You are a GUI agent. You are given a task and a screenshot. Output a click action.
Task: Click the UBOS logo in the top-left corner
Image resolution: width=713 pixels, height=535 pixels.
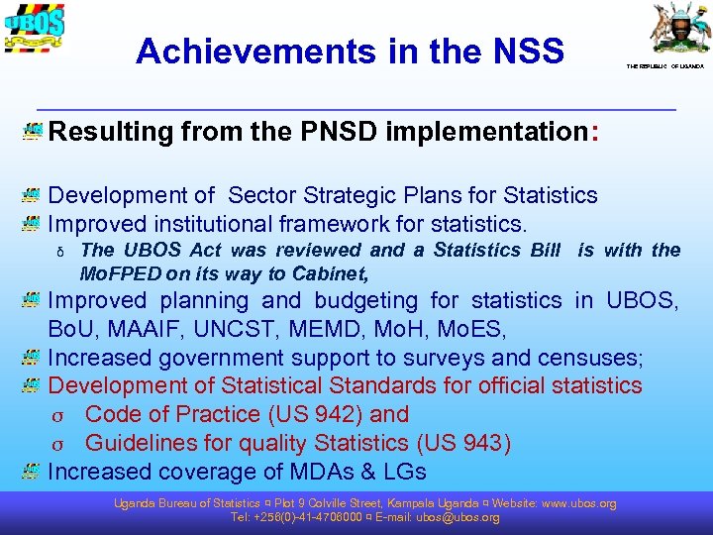[35, 33]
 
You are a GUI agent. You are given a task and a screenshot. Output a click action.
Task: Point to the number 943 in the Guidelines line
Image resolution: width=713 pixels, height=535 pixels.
[478, 443]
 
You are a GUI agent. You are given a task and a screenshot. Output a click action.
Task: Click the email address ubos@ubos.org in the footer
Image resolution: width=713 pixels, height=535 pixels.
[458, 517]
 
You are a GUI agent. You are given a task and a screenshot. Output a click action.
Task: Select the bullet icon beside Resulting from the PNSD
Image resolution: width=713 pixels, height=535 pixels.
[32, 132]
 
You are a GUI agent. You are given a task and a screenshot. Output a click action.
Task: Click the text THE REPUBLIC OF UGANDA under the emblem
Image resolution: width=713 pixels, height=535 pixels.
[664, 66]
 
